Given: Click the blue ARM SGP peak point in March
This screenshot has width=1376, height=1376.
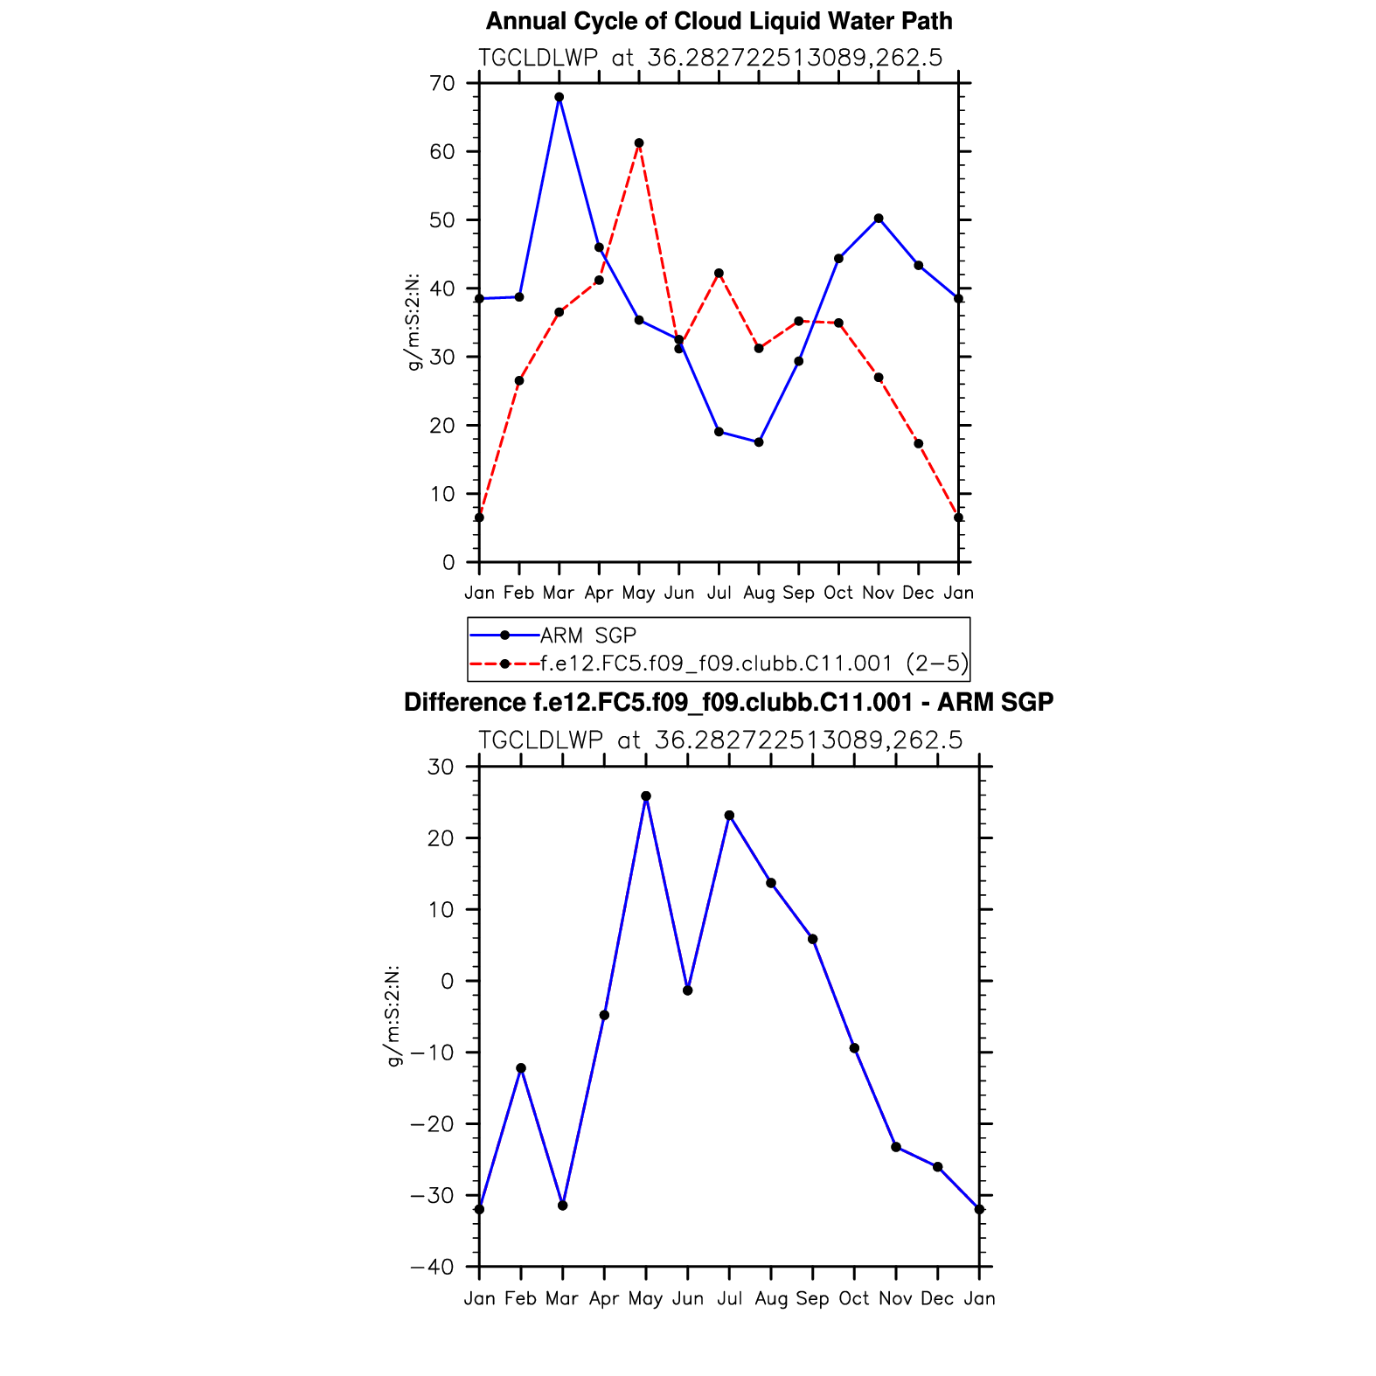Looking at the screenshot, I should click(559, 97).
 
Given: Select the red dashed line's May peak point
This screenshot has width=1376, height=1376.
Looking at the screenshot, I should click(639, 142).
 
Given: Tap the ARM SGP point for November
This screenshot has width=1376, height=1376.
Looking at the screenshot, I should click(879, 219).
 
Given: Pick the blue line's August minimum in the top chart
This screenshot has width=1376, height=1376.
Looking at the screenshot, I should click(759, 442).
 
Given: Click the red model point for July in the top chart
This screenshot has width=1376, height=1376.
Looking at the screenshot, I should click(719, 274).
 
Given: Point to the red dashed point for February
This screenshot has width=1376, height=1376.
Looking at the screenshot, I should click(519, 380).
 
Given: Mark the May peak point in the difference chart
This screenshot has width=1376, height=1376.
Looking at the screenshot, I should click(646, 796).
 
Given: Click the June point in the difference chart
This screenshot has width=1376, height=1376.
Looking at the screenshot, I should click(688, 990).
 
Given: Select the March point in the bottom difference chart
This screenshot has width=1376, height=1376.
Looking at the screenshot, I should click(563, 1206).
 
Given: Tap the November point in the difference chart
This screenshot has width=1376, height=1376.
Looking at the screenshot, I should click(896, 1147).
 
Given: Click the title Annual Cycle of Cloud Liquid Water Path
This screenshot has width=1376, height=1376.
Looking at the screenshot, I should click(719, 21).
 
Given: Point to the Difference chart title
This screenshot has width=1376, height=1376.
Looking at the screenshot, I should click(728, 703).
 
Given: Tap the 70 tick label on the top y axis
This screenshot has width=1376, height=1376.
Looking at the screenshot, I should click(443, 84).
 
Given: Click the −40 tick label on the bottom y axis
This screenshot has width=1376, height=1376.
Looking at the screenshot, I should click(432, 1268).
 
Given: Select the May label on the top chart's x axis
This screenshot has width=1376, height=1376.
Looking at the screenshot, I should click(639, 594).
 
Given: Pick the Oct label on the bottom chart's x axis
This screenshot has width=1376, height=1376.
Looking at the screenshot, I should click(854, 1299).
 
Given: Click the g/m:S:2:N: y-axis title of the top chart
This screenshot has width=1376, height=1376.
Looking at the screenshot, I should click(414, 322).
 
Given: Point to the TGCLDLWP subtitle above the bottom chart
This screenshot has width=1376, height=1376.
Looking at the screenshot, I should click(720, 741).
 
